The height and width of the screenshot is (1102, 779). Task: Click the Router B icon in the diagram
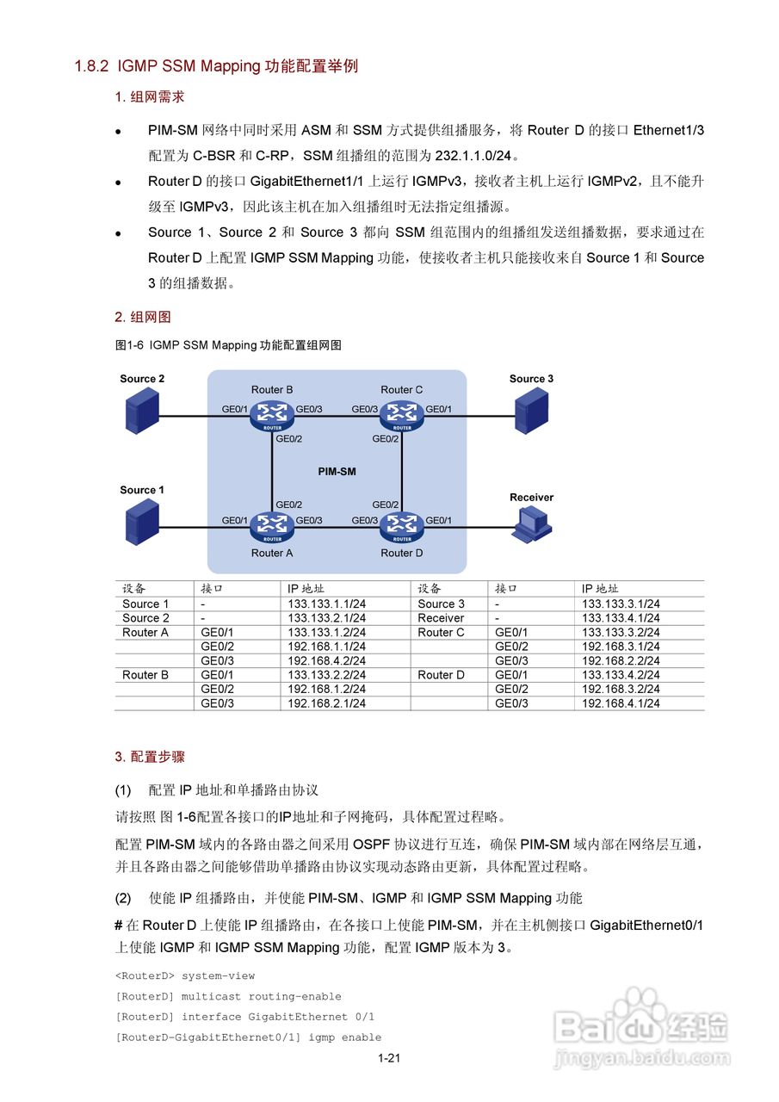[x=272, y=415]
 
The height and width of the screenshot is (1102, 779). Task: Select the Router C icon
[x=401, y=415]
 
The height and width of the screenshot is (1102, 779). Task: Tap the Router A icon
[x=272, y=525]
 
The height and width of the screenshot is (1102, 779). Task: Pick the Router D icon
[x=401, y=525]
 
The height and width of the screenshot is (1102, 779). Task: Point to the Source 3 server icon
[x=531, y=410]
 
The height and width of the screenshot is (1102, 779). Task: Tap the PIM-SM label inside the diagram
[x=337, y=472]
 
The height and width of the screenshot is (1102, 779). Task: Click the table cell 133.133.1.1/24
[x=326, y=604]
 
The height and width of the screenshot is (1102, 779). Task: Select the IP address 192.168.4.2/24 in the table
[x=326, y=661]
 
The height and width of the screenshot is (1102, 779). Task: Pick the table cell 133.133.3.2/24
[x=621, y=633]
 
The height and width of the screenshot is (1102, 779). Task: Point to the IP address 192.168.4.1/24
[x=621, y=703]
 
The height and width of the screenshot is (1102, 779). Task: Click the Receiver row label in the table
[x=441, y=618]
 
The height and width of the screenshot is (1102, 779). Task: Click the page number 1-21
[x=389, y=1059]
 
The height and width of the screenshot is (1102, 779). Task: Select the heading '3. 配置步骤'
[x=150, y=757]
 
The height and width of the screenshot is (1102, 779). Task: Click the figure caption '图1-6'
[x=130, y=345]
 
